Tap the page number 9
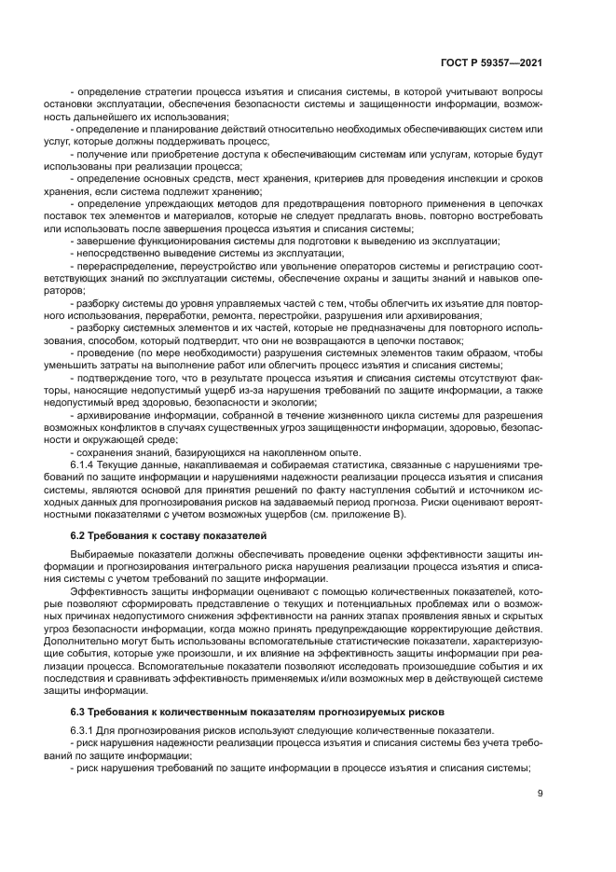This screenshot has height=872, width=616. click(541, 794)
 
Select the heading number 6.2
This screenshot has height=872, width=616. click(81, 535)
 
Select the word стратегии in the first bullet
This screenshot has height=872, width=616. click(161, 93)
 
